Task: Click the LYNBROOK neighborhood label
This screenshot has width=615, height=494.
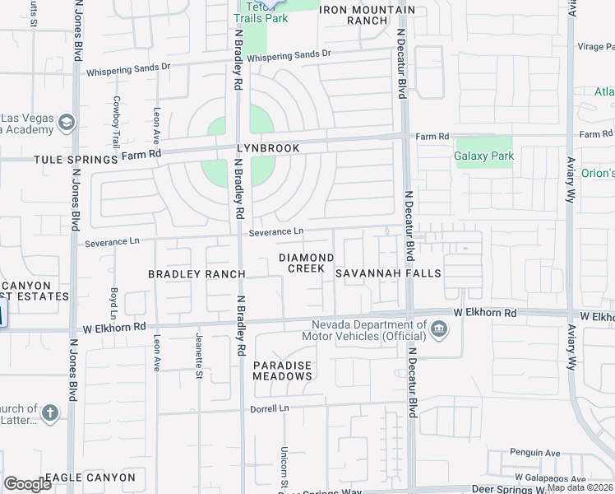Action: [x=244, y=147]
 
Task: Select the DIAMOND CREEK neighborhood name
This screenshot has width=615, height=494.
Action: [x=306, y=263]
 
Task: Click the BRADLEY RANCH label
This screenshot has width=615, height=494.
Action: [x=197, y=273]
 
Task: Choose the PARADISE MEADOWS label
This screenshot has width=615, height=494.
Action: [x=283, y=370]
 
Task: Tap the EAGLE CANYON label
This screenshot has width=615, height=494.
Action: [x=90, y=478]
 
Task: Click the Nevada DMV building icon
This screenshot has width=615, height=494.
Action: [x=439, y=330]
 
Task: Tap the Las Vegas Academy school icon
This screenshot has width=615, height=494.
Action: [x=67, y=123]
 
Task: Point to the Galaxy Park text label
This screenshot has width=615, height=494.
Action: [x=483, y=156]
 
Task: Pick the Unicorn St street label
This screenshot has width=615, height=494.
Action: [x=284, y=465]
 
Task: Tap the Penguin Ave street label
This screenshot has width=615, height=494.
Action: [x=535, y=453]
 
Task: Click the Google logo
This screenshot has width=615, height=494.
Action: [x=28, y=483]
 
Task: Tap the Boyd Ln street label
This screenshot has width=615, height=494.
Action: [x=113, y=303]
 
